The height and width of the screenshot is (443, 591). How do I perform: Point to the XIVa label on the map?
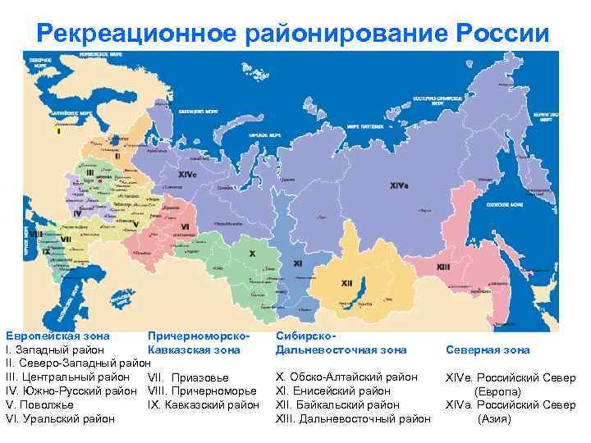(x=401, y=185)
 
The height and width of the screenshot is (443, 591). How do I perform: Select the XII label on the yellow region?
(x=346, y=283)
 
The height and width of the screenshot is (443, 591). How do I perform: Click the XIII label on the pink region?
(x=443, y=267)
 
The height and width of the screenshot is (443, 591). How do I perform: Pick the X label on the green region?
(x=252, y=253)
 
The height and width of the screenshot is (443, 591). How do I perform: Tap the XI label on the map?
(x=297, y=263)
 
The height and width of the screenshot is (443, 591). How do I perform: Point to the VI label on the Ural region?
(x=186, y=226)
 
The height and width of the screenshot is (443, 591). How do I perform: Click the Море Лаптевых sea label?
(x=364, y=127)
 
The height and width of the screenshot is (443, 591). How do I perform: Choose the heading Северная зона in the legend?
(x=488, y=350)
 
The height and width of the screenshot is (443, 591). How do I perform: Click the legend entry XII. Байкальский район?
(x=338, y=405)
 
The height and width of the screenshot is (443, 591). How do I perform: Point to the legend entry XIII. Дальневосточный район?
(x=353, y=419)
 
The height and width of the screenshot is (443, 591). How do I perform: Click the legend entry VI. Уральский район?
(x=61, y=419)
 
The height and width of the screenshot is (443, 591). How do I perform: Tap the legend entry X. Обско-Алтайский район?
(x=347, y=377)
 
